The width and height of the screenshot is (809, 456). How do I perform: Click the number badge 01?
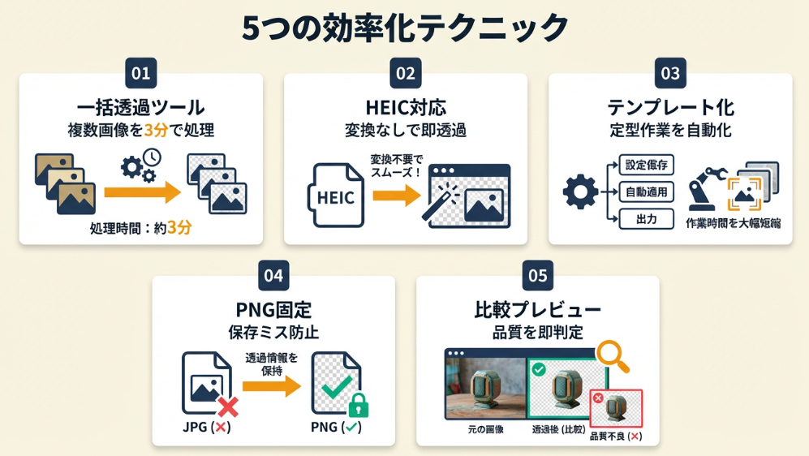[x=141, y=74]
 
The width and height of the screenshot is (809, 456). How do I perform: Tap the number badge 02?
[x=405, y=74]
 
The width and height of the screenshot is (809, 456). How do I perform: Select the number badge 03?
[x=670, y=74]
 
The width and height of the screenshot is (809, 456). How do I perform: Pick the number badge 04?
[x=273, y=276]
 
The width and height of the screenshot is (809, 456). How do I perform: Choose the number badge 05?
[x=538, y=276]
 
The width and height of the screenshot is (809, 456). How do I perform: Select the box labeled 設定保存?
[x=647, y=166]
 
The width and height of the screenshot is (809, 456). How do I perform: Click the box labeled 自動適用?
[x=647, y=193]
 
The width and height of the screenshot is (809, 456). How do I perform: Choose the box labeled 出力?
[x=647, y=219]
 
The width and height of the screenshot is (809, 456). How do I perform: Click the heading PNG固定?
[x=273, y=310]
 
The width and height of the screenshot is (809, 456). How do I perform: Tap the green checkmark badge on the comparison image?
[x=538, y=370]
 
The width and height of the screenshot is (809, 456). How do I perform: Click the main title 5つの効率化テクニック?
[x=405, y=28]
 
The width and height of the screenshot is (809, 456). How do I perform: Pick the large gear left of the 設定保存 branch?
[x=580, y=193]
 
